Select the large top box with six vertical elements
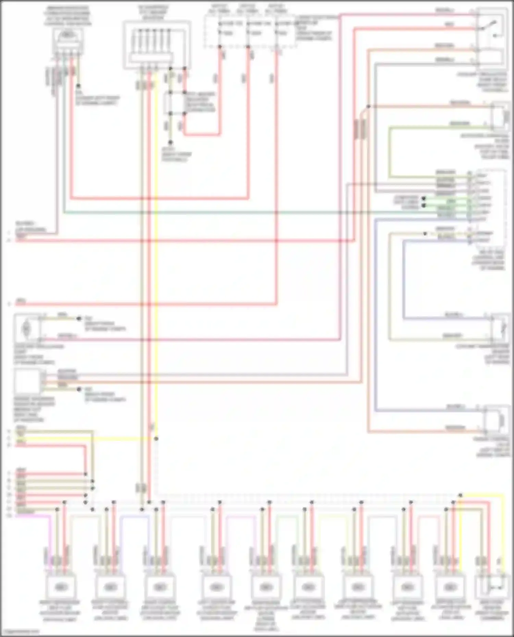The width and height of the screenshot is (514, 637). pyautogui.click(x=157, y=44)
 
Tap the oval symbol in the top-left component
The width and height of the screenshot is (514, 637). pyautogui.click(x=68, y=36)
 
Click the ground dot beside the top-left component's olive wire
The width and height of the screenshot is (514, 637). pyautogui.click(x=78, y=86)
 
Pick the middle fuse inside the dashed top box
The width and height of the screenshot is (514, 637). pyautogui.click(x=248, y=28)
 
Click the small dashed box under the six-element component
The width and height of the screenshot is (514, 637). pyautogui.click(x=177, y=103)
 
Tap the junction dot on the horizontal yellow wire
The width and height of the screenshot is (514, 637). pyautogui.click(x=156, y=438)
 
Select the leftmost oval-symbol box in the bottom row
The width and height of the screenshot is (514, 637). pyautogui.click(x=61, y=587)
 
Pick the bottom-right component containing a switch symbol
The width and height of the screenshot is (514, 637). pyautogui.click(x=491, y=587)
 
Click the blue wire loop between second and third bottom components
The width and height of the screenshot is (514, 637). pyautogui.click(x=134, y=517)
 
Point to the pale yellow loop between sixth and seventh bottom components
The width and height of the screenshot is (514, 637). pyautogui.click(x=331, y=517)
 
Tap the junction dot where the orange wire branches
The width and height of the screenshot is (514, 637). pyautogui.click(x=368, y=106)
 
